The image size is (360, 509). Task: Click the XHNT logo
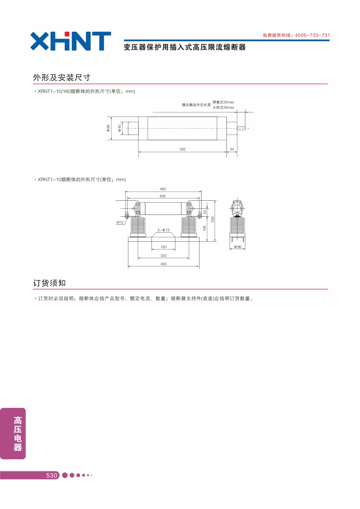coord(71,41)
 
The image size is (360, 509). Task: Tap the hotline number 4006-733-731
coord(312,35)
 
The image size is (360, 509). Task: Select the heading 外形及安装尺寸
coord(62,78)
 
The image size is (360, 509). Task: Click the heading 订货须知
coord(49,283)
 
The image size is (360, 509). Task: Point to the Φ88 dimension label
coord(108,128)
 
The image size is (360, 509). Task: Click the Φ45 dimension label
coord(119,128)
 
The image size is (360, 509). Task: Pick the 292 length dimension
coord(183,149)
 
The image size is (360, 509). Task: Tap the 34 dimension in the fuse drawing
coord(232,149)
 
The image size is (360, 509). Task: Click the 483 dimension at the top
coord(163,189)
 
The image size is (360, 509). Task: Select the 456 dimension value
coord(162,196)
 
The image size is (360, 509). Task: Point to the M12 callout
coord(120,222)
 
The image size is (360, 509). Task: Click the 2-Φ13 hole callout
coord(163,230)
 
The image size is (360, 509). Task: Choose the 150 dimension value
coord(163,247)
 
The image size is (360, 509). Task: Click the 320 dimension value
coord(163,256)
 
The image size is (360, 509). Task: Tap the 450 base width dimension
coord(163,264)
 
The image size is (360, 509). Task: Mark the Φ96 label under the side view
coord(238,247)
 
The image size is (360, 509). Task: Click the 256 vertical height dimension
coord(213,220)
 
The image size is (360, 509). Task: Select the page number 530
coord(52,475)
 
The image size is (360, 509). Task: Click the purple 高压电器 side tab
coord(13,434)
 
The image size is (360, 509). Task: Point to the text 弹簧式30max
coord(223,102)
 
